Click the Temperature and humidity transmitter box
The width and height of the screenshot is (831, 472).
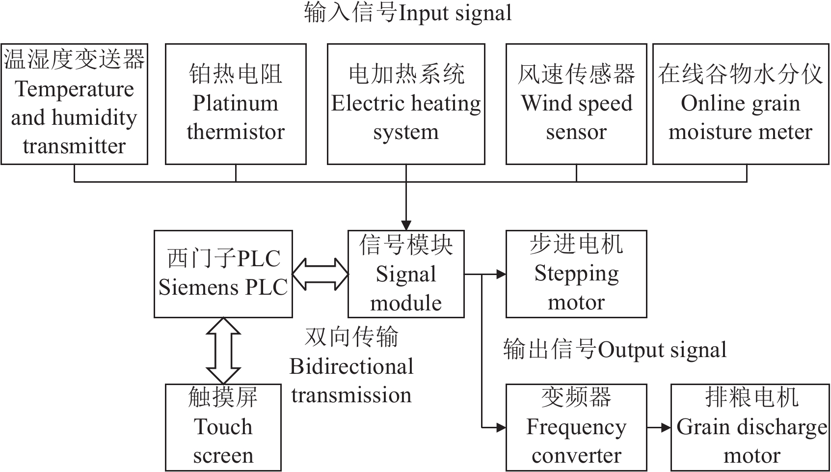(x=75, y=104)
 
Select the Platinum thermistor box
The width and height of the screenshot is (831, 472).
(x=236, y=104)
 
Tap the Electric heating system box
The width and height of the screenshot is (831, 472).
(x=406, y=104)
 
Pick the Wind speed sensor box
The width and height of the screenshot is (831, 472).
(x=576, y=104)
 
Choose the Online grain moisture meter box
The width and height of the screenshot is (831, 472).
(x=740, y=104)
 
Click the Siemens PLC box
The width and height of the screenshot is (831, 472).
(x=223, y=274)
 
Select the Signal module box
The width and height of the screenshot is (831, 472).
(x=406, y=274)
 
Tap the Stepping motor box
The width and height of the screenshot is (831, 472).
(x=576, y=274)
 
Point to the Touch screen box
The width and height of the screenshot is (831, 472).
(x=223, y=427)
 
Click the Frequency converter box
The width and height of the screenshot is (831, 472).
(x=576, y=427)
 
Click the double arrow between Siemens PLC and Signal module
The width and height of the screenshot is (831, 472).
(x=320, y=274)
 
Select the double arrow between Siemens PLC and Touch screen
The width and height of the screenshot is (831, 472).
(x=223, y=350)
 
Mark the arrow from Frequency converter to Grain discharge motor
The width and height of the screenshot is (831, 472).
(x=659, y=428)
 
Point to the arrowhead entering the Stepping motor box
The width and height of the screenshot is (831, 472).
(x=501, y=274)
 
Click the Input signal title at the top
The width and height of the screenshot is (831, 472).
(x=407, y=13)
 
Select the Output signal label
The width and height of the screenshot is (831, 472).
(x=615, y=350)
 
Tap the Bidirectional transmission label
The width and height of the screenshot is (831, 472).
(x=351, y=366)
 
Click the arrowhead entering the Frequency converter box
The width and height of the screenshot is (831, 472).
(x=501, y=428)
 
